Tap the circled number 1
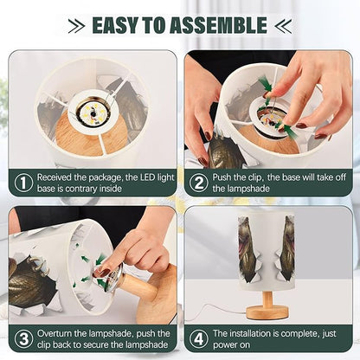tap(23, 183)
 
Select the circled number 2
tap(199, 183)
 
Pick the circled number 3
tap(23, 339)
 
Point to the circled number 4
tap(199, 339)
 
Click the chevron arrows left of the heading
tap(76, 25)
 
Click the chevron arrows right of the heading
tap(283, 25)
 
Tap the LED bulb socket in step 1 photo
tap(93, 112)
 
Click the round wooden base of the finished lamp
tap(267, 312)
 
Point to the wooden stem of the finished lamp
tap(267, 299)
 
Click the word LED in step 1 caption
tap(147, 177)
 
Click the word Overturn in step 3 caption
tap(55, 333)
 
